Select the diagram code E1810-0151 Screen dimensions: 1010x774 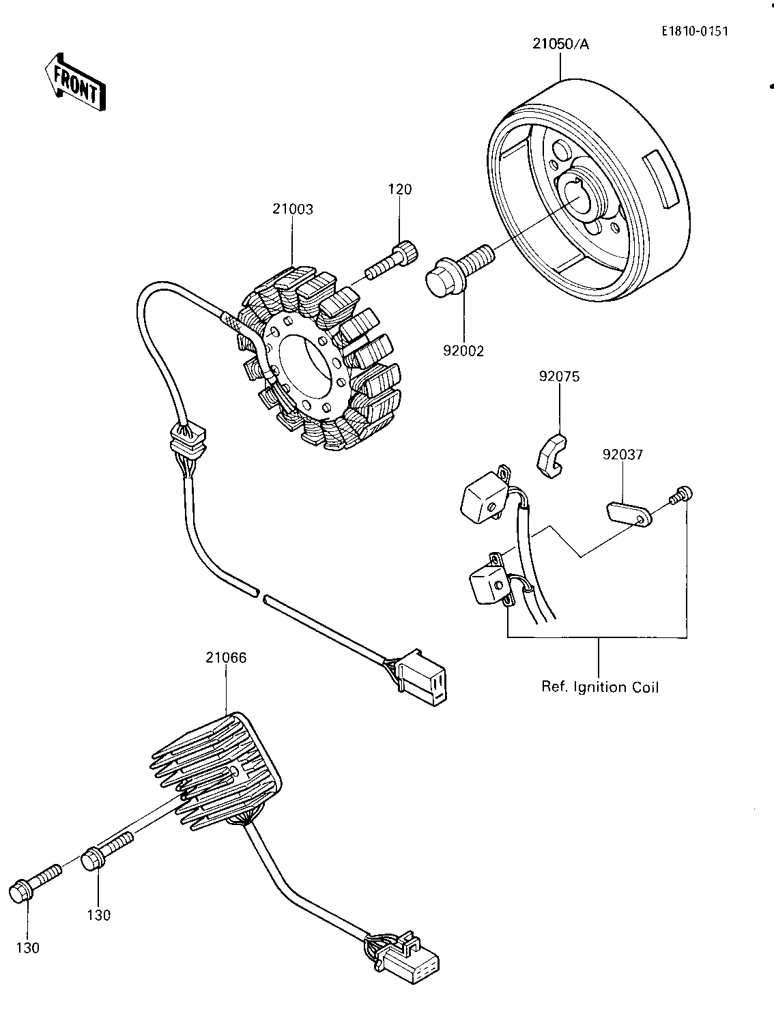click(689, 31)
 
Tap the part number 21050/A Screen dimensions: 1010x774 click(560, 44)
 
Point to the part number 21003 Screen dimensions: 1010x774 click(293, 210)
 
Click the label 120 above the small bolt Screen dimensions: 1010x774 click(401, 189)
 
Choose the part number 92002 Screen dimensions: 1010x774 click(463, 351)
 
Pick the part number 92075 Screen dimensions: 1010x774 click(559, 376)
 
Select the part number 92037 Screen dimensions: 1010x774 click(622, 454)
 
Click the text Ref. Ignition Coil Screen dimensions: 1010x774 click(600, 687)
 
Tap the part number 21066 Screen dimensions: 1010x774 click(226, 658)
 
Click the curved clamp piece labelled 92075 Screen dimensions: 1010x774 click(552, 457)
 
